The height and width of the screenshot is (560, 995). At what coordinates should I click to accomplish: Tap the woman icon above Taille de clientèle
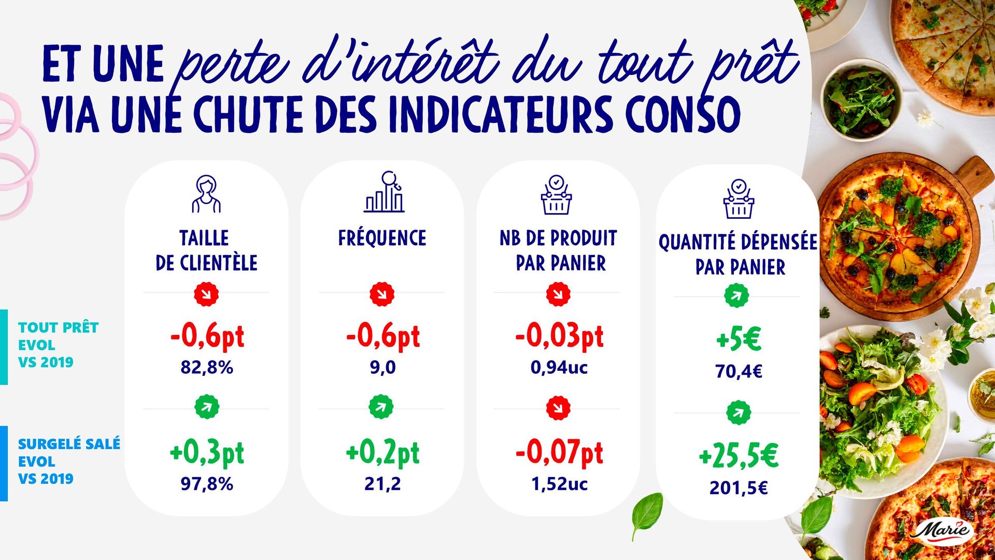coord(206,194)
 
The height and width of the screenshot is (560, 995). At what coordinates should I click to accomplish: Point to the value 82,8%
coord(207,368)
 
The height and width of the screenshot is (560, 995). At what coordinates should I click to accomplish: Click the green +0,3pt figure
coord(207,453)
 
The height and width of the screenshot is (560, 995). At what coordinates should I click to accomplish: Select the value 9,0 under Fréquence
coord(382,368)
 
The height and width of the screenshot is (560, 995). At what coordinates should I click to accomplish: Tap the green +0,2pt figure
coord(382,453)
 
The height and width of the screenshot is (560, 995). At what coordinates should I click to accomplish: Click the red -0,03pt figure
coord(559,336)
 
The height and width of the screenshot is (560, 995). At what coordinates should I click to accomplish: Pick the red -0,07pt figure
coord(559,453)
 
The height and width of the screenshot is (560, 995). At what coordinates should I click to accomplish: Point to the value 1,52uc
coord(559,484)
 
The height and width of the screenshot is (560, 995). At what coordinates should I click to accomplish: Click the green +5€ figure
coord(738,340)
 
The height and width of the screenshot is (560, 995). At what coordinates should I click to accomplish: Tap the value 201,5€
coord(738,488)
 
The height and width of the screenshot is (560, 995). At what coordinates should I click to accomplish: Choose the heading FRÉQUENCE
coord(382,239)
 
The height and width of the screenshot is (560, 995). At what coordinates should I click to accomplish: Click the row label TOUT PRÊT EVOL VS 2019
coord(58,345)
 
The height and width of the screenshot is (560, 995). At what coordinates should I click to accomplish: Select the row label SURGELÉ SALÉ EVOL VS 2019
coord(69,461)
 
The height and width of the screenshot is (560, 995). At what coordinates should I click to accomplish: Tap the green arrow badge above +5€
coord(736,296)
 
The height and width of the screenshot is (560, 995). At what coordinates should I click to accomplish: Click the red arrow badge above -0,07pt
coord(558,408)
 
